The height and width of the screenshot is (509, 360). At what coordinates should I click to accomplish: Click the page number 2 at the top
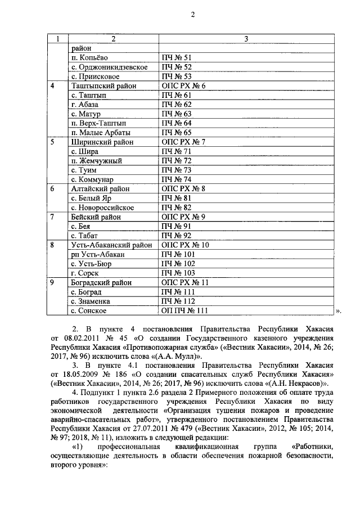191,15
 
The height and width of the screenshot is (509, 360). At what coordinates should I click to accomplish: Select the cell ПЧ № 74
177,179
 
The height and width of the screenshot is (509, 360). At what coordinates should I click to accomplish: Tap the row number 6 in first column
52,189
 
